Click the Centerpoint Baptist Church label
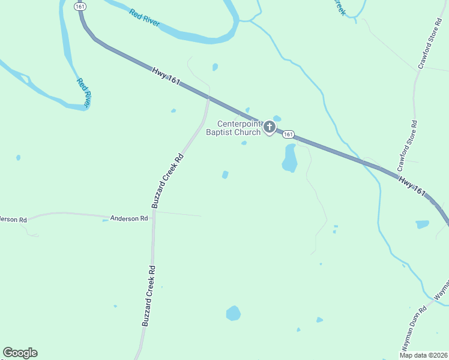(234, 128)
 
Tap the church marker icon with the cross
(270, 127)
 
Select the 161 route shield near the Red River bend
(80, 6)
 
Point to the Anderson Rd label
(128, 218)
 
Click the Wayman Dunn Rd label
(414, 329)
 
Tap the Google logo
(20, 353)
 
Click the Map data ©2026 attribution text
(424, 355)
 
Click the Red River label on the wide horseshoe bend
(143, 17)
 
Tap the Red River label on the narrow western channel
(83, 92)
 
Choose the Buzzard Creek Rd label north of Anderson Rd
(168, 181)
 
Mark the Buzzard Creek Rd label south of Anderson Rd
(149, 296)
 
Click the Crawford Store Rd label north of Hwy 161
(430, 46)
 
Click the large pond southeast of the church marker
(289, 158)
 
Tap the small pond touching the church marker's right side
(277, 119)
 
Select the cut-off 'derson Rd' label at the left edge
(13, 220)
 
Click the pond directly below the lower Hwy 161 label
(423, 224)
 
